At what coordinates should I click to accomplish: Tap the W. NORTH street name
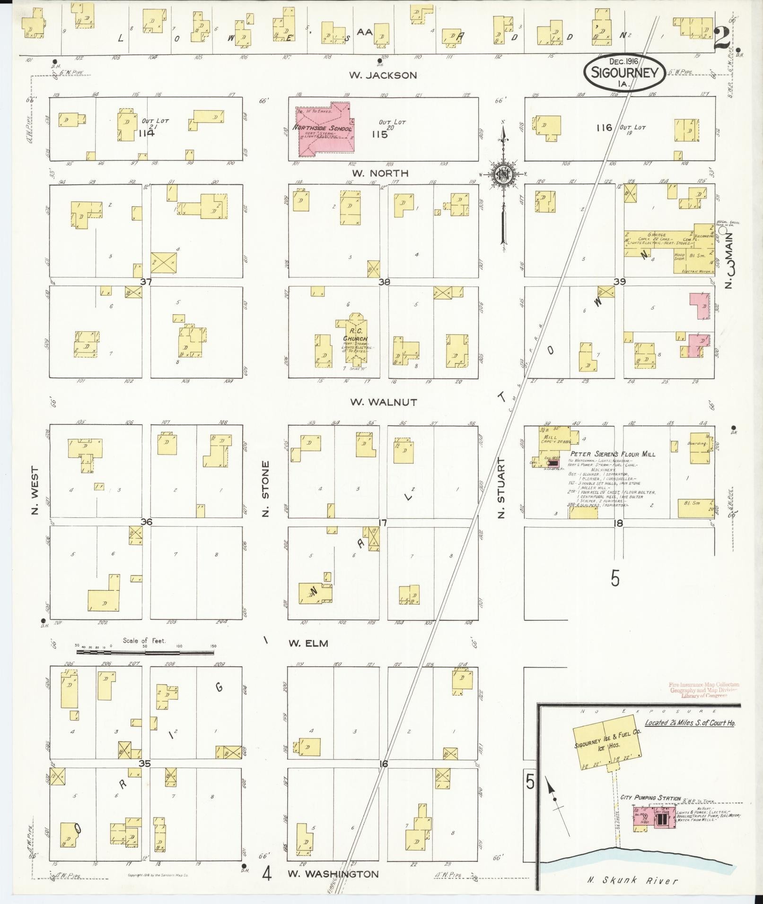click(380, 173)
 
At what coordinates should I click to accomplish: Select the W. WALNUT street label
click(383, 402)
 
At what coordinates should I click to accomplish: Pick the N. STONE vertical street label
click(265, 489)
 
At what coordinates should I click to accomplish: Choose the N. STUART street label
click(502, 488)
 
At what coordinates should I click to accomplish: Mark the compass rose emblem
click(503, 174)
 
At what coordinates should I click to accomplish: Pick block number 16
click(383, 764)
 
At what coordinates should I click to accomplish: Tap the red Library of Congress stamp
click(704, 690)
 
